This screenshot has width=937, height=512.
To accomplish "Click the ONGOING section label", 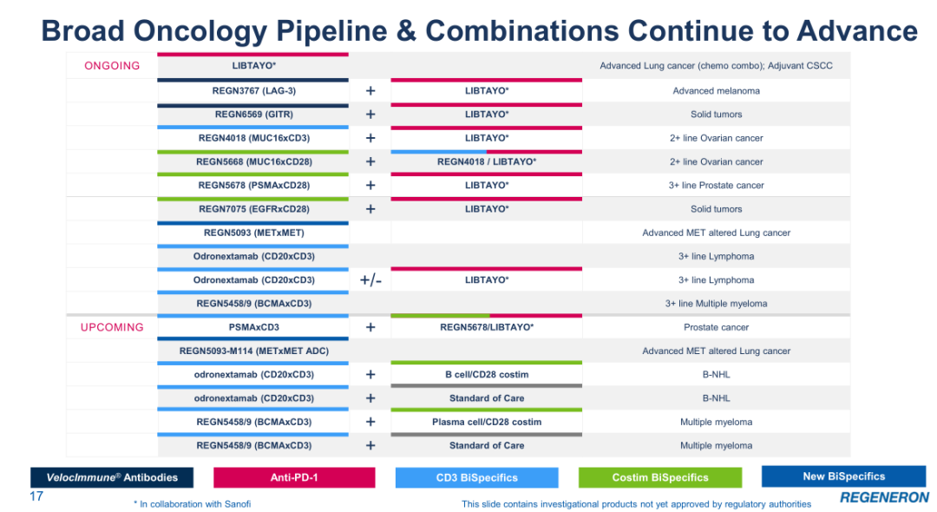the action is (112, 66).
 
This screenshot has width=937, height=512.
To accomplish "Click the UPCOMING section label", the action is (112, 327).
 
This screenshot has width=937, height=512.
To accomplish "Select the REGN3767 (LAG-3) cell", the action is (253, 91).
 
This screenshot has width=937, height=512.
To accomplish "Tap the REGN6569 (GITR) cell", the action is (253, 114).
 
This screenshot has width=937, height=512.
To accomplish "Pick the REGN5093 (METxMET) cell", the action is (253, 233).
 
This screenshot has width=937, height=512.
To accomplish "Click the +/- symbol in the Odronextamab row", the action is (370, 280).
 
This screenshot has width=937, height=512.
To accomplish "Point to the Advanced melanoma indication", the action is (716, 91).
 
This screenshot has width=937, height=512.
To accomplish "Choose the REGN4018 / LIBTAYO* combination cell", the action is (487, 161).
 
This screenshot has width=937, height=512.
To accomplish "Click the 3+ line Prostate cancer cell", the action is (716, 185).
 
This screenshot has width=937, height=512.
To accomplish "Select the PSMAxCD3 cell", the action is (253, 327).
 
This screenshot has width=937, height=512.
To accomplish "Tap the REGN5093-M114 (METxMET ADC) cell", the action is (253, 351).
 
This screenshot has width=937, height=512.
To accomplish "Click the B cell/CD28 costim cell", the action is (487, 375).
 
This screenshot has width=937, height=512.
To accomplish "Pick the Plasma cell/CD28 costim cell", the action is (487, 422).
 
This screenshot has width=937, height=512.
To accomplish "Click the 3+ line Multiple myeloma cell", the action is (716, 304).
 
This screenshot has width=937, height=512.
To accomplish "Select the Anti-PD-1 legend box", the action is (294, 477).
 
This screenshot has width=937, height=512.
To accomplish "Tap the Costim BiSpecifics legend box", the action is (660, 477).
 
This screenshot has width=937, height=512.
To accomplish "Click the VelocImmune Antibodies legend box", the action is (112, 477).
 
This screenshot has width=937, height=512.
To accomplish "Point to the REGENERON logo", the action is (884, 497).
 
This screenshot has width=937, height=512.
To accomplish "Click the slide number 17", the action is (36, 496).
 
